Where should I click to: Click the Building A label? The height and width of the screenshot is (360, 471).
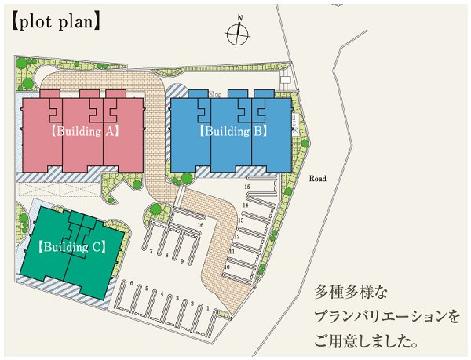pyautogui.click(x=84, y=132)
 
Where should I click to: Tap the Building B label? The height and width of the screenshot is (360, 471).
pyautogui.click(x=233, y=131)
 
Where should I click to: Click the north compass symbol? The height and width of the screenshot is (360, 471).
pyautogui.click(x=237, y=33)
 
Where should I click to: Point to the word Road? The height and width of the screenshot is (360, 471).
pyautogui.click(x=317, y=179)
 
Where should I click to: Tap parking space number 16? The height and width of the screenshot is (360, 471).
pyautogui.click(x=200, y=225)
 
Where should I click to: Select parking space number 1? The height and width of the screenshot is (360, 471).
pyautogui.click(x=206, y=308)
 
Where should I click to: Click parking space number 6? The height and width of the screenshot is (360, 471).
pyautogui.click(x=131, y=283)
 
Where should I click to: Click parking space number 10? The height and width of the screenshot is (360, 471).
pyautogui.click(x=226, y=267)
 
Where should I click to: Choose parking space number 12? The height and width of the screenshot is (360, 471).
pyautogui.click(x=231, y=236)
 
